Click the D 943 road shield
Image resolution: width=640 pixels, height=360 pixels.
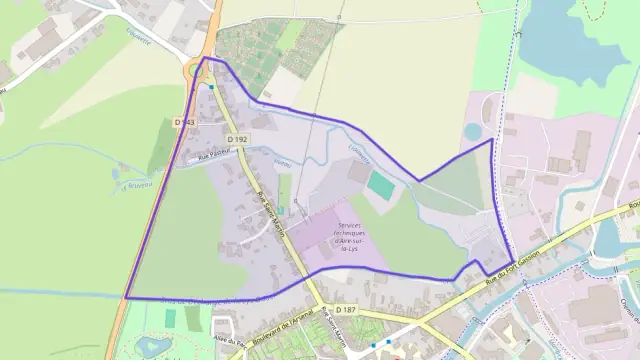183,122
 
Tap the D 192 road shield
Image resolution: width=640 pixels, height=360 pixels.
237,139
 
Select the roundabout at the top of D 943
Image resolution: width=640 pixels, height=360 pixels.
198,71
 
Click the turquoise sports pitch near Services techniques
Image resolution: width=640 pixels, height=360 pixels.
380,186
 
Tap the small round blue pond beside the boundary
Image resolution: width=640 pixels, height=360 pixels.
472,131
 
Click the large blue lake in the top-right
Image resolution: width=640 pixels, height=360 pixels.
575,35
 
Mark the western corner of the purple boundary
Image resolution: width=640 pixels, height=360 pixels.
126,298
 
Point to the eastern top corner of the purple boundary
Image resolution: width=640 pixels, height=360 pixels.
491,140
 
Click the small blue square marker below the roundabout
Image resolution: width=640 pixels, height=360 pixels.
212,87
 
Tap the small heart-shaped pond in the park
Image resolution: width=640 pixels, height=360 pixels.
150,346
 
